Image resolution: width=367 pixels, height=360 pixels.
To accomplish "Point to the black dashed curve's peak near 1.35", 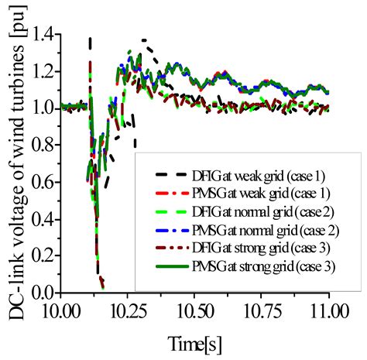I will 144,39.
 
